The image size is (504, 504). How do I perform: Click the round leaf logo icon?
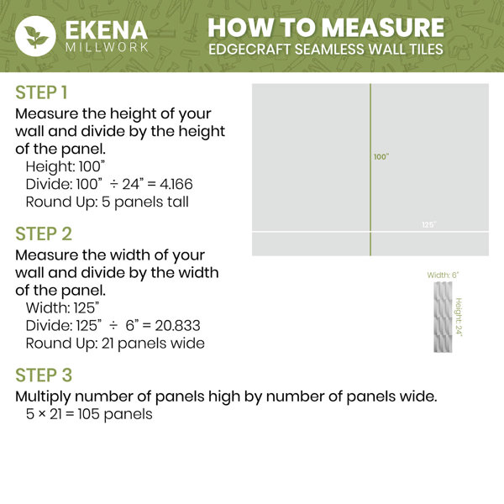35,36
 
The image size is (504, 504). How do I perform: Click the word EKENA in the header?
107,30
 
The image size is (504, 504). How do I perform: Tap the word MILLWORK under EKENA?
107,48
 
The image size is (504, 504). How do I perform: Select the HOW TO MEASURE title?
326,28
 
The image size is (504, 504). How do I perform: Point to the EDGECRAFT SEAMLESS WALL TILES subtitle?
326,50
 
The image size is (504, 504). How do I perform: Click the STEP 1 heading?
41,92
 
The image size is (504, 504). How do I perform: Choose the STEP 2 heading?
44,234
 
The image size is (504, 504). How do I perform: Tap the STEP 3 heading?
44,375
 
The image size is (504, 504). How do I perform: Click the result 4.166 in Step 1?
176,184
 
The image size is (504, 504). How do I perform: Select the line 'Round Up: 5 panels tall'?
107,202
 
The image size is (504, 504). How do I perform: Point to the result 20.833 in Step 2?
178,326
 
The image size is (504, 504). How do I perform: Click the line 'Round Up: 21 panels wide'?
115,344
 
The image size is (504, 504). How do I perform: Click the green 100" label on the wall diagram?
381,157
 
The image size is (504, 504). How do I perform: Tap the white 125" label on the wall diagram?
429,224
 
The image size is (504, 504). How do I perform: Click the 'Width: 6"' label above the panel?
443,276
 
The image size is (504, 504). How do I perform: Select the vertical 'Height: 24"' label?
459,317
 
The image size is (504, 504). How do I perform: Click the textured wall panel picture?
443,317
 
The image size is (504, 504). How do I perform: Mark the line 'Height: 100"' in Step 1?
66,167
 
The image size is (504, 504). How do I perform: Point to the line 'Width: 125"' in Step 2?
62,308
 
